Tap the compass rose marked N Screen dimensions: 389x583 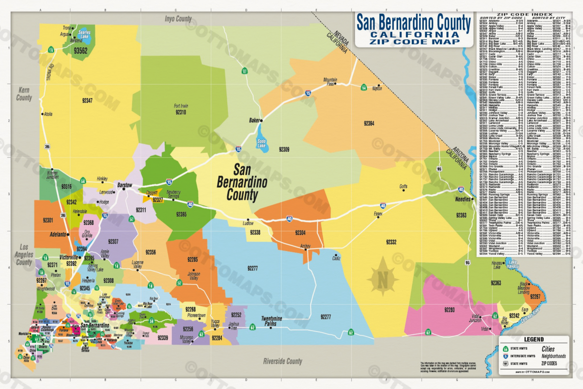(382, 279)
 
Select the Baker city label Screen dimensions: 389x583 (240, 120)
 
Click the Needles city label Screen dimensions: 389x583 (463, 199)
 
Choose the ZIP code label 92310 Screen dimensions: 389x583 (180, 112)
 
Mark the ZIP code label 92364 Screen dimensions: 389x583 (369, 124)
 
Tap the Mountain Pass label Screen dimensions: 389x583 (330, 81)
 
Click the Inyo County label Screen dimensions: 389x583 (178, 19)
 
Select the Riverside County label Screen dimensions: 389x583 (282, 361)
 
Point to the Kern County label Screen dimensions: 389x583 (24, 94)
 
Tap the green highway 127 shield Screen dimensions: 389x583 (245, 71)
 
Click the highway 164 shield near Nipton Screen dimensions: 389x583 (363, 88)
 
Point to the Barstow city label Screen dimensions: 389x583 (124, 185)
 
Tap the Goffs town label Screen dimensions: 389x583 (403, 186)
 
